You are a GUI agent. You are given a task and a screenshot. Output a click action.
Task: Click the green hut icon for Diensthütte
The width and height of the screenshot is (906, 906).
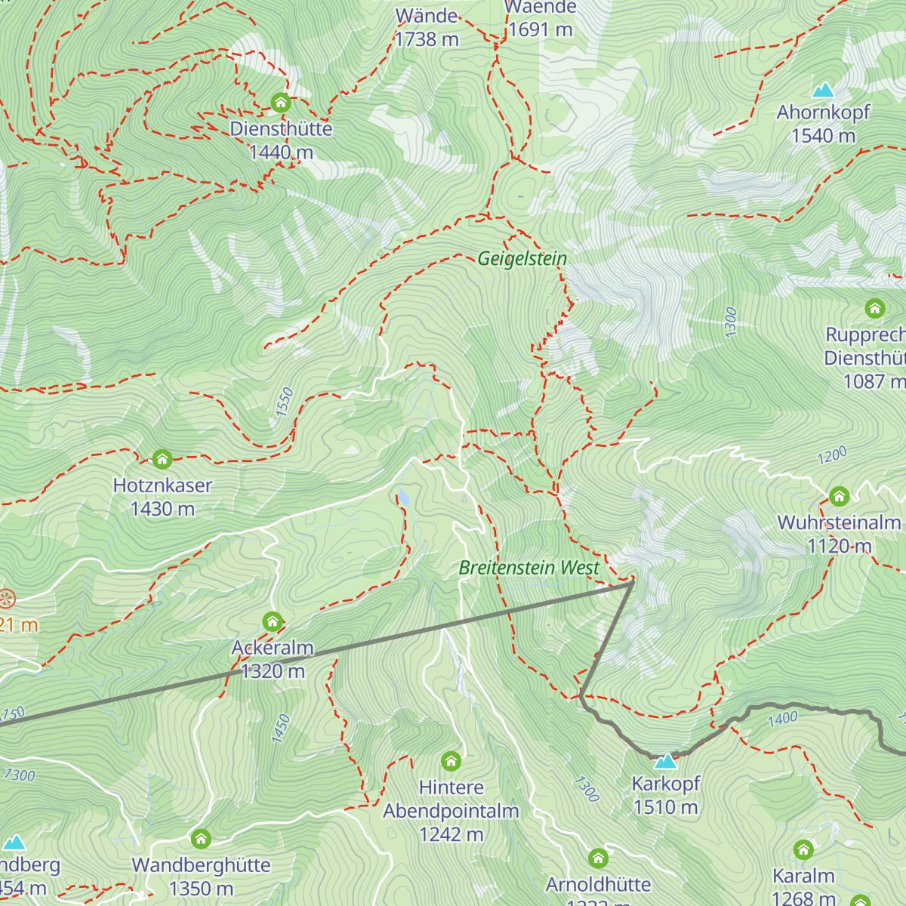tap(281, 103)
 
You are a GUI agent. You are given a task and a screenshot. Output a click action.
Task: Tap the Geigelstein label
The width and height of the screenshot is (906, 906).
tap(522, 259)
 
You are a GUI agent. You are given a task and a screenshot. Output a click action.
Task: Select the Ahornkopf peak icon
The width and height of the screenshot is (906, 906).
tap(823, 90)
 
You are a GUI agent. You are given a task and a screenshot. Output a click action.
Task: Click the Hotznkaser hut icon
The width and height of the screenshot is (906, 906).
tap(162, 459)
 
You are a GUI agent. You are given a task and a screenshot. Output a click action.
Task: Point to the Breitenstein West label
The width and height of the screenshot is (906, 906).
tap(529, 568)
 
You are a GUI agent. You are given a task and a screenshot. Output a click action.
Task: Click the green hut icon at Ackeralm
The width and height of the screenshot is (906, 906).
tap(273, 622)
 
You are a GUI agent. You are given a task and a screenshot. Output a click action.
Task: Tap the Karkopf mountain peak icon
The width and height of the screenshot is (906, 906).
tap(665, 760)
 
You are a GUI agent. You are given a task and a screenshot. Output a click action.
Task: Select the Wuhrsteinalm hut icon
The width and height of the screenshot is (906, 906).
tap(840, 497)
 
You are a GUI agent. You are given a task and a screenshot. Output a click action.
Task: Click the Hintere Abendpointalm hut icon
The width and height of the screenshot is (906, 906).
tap(451, 761)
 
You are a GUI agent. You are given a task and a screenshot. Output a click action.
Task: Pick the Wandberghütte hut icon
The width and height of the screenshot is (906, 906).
tap(201, 839)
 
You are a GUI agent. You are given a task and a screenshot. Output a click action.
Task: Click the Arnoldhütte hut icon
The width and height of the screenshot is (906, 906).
tap(599, 858)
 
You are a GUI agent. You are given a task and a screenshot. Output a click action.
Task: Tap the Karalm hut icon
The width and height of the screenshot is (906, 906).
tap(803, 850)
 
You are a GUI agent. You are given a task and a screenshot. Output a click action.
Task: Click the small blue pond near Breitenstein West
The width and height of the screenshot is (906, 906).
tap(403, 497)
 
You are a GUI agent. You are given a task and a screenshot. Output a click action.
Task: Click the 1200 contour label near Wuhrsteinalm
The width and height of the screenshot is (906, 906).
tap(832, 456)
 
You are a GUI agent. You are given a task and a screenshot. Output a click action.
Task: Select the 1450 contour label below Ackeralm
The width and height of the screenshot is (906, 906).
tap(280, 729)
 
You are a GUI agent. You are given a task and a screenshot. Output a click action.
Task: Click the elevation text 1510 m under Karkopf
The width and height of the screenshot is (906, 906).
tap(665, 807)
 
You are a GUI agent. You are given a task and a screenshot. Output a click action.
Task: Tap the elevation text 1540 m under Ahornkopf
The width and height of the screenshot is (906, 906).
tap(823, 136)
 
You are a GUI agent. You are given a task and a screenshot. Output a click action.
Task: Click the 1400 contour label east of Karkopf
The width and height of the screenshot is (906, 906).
tap(782, 719)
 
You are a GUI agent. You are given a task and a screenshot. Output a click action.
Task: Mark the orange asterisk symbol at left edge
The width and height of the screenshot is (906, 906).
tap(6, 599)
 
